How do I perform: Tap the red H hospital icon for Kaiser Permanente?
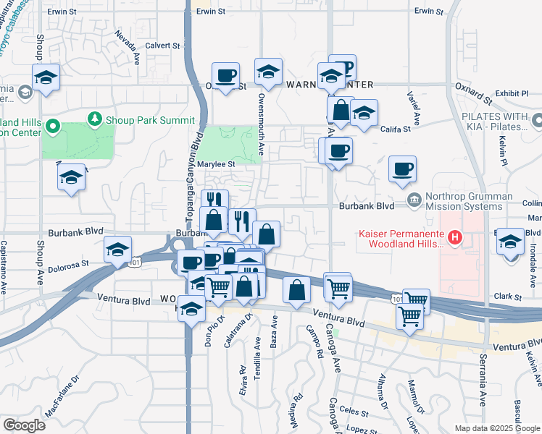(454, 236)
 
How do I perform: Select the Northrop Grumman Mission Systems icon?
(413, 200)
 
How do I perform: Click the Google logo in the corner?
(24, 425)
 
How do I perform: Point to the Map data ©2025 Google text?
(496, 428)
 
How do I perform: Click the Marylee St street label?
(218, 164)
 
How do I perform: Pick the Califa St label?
(396, 129)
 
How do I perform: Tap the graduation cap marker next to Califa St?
(364, 112)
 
